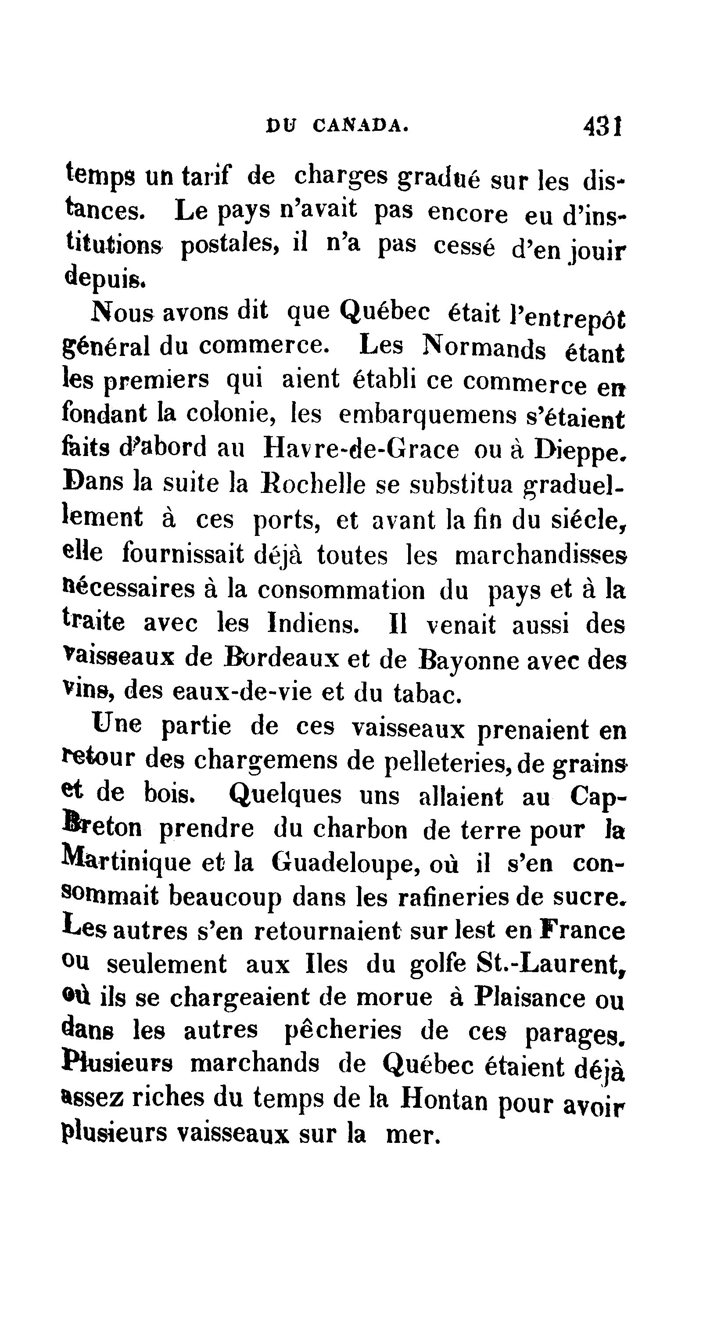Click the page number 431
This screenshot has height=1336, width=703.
point(603,126)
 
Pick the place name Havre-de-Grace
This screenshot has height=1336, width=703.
point(361,449)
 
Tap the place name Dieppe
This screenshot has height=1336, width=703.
point(577,451)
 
